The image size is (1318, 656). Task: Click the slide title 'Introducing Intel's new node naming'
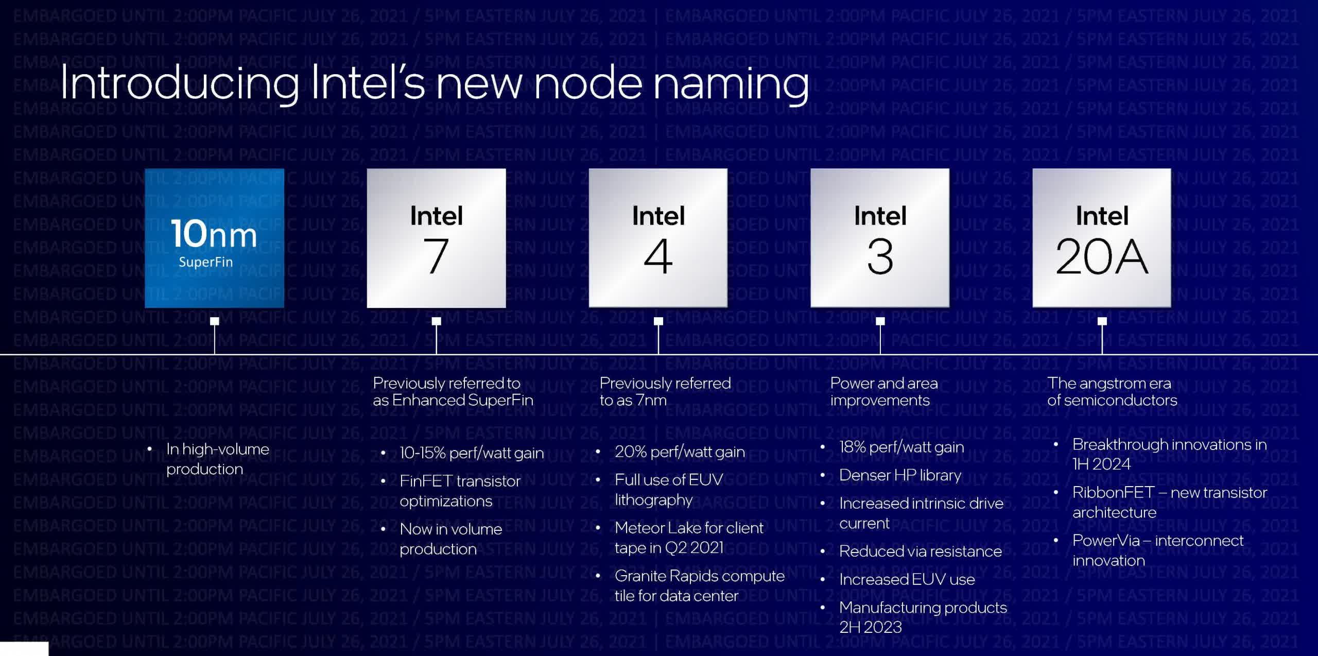pyautogui.click(x=434, y=84)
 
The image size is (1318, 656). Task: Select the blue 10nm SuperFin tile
pyautogui.click(x=214, y=238)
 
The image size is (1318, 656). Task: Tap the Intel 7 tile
pyautogui.click(x=436, y=238)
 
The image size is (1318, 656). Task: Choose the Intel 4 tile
pyautogui.click(x=658, y=238)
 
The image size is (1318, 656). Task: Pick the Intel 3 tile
pyautogui.click(x=880, y=238)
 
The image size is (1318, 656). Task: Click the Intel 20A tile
pyautogui.click(x=1102, y=238)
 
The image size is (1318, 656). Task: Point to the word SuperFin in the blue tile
pyautogui.click(x=205, y=262)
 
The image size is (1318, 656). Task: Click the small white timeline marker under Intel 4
pyautogui.click(x=658, y=321)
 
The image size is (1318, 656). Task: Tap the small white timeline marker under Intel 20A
pyautogui.click(x=1102, y=321)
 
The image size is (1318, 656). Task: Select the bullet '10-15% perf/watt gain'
pyautogui.click(x=472, y=453)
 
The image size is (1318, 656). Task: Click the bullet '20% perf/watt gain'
pyautogui.click(x=680, y=452)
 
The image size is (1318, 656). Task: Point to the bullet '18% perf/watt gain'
pyautogui.click(x=901, y=447)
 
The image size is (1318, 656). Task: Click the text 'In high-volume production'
pyautogui.click(x=217, y=459)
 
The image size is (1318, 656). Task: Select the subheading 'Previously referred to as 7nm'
pyautogui.click(x=665, y=391)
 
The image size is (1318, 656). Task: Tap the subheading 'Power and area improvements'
pyautogui.click(x=884, y=391)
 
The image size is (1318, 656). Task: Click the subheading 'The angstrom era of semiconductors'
pyautogui.click(x=1112, y=391)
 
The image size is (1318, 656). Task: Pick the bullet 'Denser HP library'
pyautogui.click(x=900, y=475)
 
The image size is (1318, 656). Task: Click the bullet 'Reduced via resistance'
pyautogui.click(x=921, y=551)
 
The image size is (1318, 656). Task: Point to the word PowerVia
pyautogui.click(x=1106, y=541)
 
